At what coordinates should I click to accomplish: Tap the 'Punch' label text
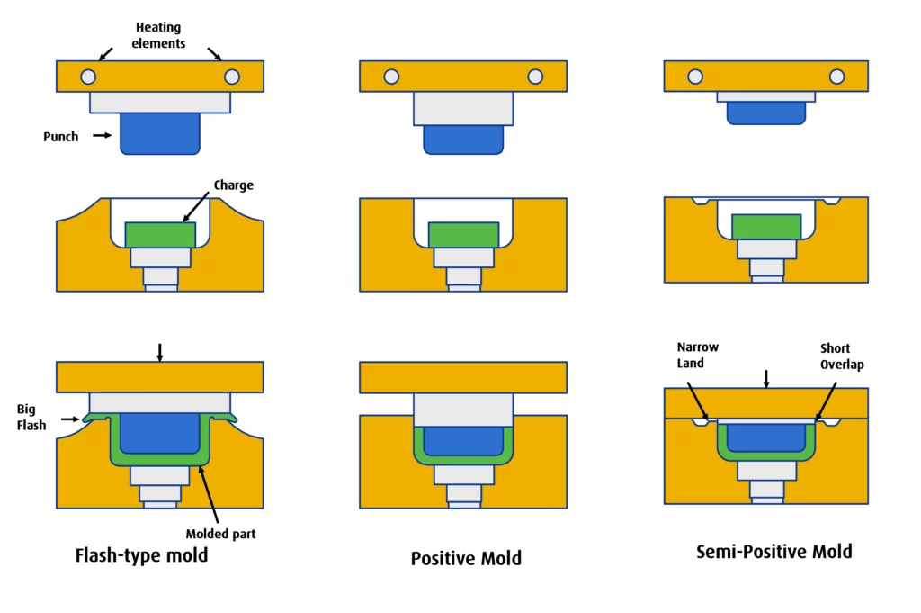[61, 137]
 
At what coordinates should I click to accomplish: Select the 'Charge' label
[234, 185]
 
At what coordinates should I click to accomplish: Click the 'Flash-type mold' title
[141, 555]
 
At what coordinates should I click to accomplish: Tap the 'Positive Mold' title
[466, 559]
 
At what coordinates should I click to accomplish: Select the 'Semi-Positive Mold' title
[774, 551]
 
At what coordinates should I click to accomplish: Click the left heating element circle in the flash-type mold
[87, 77]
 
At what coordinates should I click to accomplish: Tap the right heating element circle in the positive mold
[536, 77]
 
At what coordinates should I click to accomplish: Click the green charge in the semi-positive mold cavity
[766, 226]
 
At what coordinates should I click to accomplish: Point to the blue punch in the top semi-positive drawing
[765, 113]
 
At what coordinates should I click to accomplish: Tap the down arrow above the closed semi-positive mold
[765, 376]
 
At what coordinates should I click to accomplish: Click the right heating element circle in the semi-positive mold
[837, 77]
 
